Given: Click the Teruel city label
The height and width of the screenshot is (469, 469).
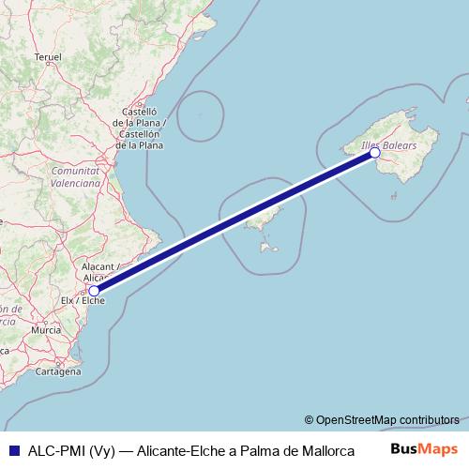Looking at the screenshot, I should click(47, 57).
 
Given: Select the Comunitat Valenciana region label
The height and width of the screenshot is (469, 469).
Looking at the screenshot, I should click(76, 177).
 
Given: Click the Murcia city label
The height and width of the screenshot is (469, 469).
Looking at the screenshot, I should click(46, 330).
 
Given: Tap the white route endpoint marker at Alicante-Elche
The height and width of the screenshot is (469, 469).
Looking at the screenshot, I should click(94, 291).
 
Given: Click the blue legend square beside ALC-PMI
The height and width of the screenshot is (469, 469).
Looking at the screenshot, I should click(13, 449).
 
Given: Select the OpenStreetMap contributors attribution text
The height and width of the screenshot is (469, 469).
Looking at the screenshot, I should click(382, 419).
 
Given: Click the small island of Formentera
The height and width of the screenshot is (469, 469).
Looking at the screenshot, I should click(270, 249).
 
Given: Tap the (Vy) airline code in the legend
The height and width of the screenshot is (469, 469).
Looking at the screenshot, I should click(100, 449).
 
